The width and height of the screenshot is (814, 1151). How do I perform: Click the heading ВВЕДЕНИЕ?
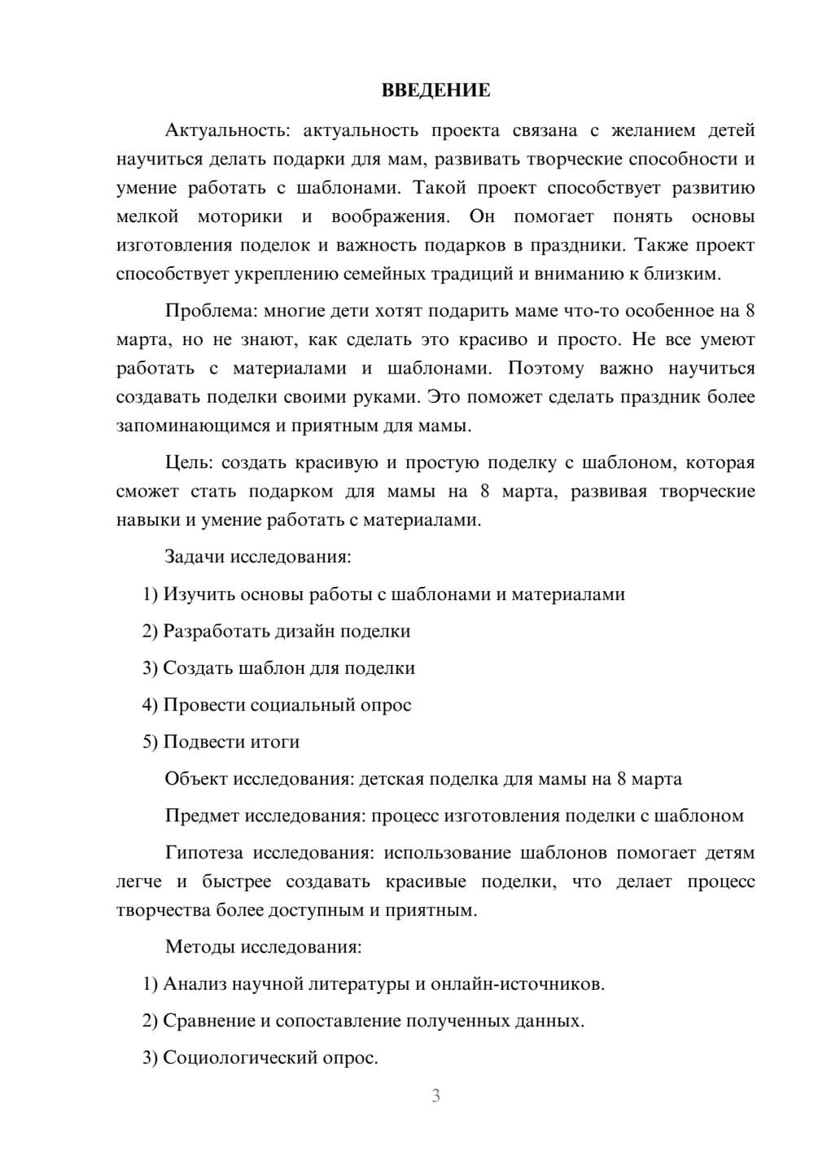click(x=435, y=90)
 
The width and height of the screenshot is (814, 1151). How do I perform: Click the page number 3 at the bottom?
click(x=435, y=1096)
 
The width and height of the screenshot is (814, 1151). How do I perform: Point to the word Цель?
click(x=188, y=463)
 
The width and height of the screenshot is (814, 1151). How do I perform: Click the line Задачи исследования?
click(x=258, y=558)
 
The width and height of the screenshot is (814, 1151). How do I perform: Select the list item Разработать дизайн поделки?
click(x=286, y=632)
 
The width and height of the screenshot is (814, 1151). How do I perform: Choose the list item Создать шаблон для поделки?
click(x=288, y=668)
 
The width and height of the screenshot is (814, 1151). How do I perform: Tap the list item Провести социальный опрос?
click(x=287, y=705)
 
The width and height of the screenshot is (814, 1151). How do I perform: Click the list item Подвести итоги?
click(x=230, y=742)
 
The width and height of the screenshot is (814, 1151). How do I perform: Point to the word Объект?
click(x=195, y=779)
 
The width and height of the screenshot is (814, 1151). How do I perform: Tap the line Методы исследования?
click(x=263, y=947)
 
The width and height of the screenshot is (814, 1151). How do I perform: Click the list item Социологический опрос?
click(x=269, y=1058)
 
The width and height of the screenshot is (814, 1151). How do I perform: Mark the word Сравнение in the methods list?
click(x=208, y=1021)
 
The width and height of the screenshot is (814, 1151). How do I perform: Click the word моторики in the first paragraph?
click(x=240, y=217)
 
